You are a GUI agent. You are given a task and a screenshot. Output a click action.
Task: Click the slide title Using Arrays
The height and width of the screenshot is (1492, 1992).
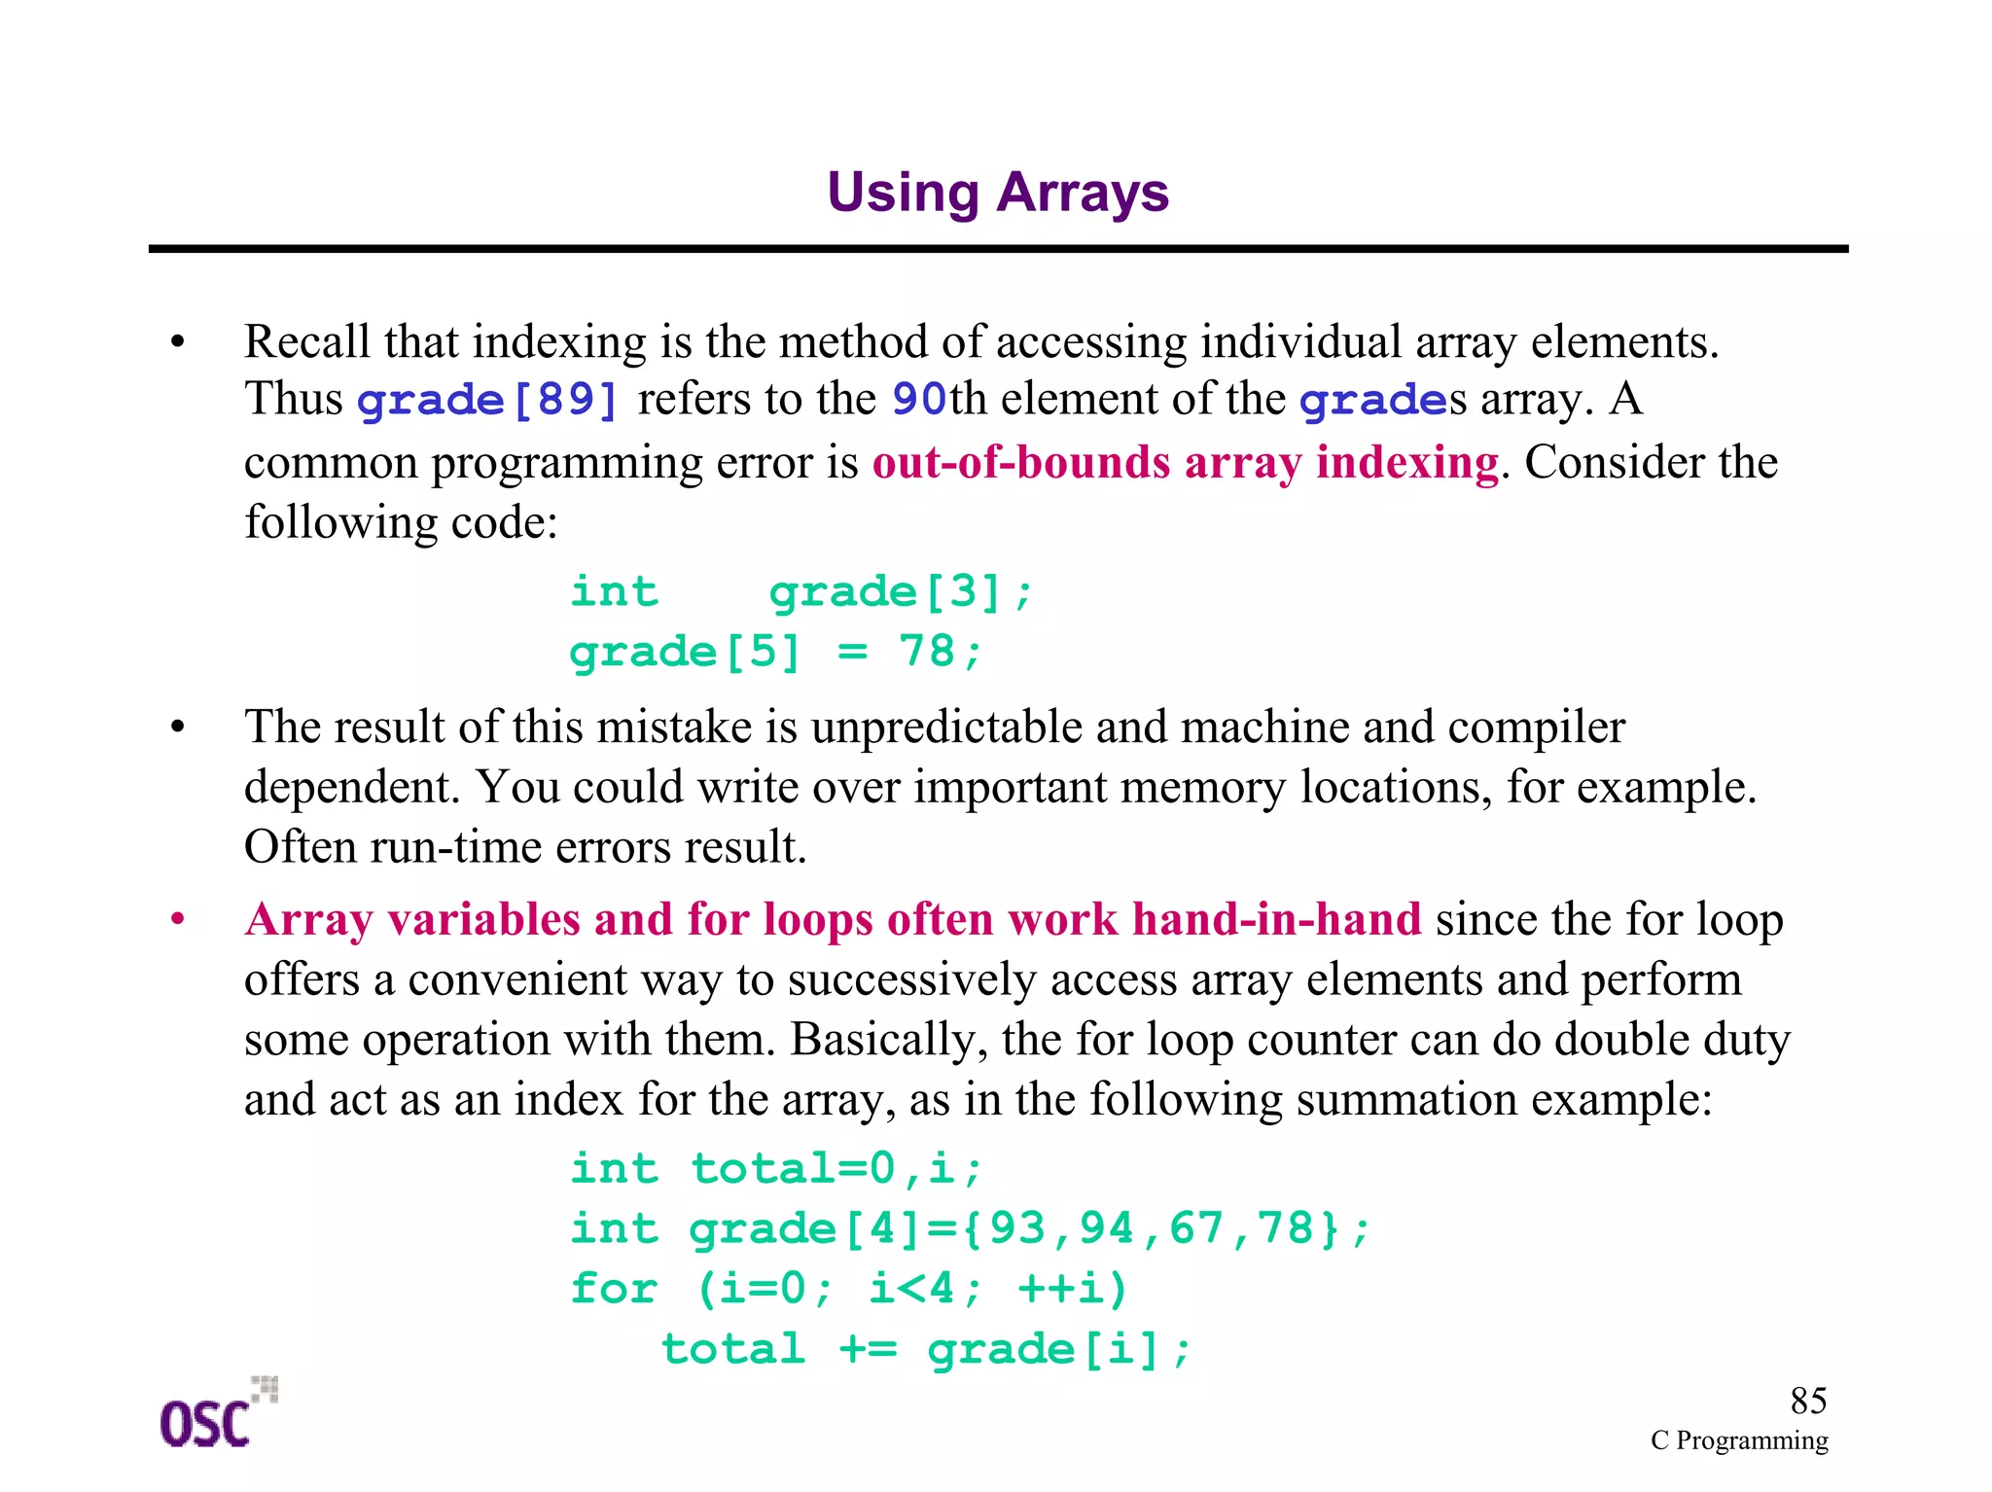997,193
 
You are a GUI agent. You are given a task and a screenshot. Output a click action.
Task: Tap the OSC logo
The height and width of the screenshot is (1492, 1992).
215,1415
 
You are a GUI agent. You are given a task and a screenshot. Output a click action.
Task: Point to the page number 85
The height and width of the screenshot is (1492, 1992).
1808,1402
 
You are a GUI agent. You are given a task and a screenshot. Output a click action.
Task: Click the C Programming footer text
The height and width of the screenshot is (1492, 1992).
1739,1440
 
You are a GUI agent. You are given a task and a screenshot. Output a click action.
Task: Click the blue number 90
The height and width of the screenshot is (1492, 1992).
919,400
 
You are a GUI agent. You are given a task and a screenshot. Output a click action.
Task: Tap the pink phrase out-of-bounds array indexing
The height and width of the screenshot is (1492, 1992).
1185,462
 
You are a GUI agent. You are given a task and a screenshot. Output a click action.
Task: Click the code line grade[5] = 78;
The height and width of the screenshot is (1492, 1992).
775,652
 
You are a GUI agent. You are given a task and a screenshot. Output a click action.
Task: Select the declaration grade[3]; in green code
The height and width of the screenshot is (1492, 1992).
901,591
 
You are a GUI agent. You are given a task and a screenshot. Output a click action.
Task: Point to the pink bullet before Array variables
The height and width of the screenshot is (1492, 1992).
177,920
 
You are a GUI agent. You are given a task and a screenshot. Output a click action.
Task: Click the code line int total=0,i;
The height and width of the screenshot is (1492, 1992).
775,1168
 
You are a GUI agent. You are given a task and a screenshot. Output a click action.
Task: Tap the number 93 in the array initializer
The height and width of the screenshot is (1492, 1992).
1016,1228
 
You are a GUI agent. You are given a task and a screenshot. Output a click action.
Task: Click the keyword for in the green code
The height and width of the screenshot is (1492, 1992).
614,1289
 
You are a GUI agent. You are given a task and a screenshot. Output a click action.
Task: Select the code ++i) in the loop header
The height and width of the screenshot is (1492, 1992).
1073,1289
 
